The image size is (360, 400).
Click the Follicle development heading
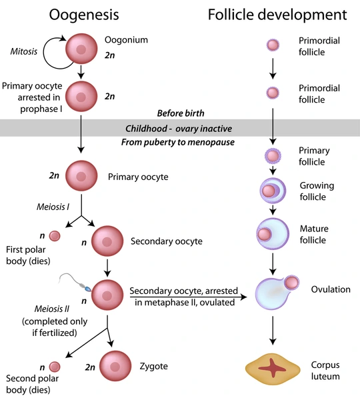[x=277, y=14]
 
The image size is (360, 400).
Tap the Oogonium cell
[x=81, y=49]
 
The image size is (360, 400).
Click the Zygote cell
[x=115, y=366]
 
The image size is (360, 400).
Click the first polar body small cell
[x=55, y=235]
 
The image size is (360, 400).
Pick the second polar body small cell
[x=55, y=367]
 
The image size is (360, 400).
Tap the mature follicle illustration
[x=272, y=235]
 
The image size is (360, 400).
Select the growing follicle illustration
[x=272, y=192]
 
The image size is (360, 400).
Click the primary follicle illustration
[x=273, y=157]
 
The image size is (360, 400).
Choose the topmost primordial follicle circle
[x=273, y=45]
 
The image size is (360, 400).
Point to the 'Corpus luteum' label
[x=325, y=371]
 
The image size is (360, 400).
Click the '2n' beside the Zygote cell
[x=90, y=367]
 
